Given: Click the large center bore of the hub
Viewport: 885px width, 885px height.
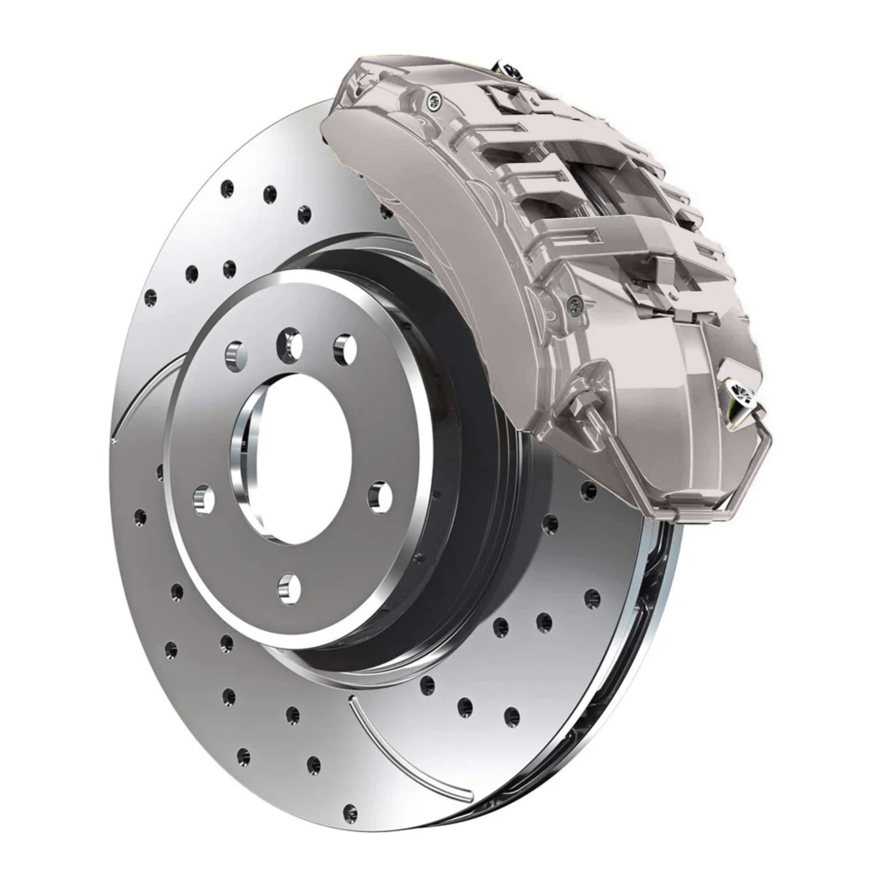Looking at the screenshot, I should pyautogui.click(x=302, y=458).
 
